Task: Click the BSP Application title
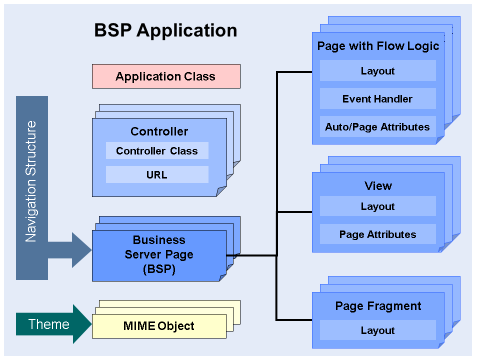click(x=165, y=30)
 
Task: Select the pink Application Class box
click(x=166, y=76)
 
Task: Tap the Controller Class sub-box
click(x=157, y=151)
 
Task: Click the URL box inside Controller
click(x=157, y=175)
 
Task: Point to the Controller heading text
click(x=159, y=131)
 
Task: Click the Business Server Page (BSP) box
click(x=159, y=255)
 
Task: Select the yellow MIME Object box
click(x=159, y=326)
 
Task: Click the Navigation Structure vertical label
click(x=31, y=181)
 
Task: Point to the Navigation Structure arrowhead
click(x=80, y=249)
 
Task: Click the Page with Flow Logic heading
click(x=378, y=46)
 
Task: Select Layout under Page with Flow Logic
click(x=378, y=71)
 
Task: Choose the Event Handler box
click(x=378, y=99)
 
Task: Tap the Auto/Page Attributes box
click(x=378, y=127)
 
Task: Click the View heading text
click(x=378, y=186)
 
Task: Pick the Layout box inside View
click(x=378, y=206)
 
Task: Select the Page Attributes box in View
click(x=378, y=234)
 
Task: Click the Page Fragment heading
click(x=378, y=306)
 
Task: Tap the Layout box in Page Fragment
click(x=378, y=330)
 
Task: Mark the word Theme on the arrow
click(x=49, y=324)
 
